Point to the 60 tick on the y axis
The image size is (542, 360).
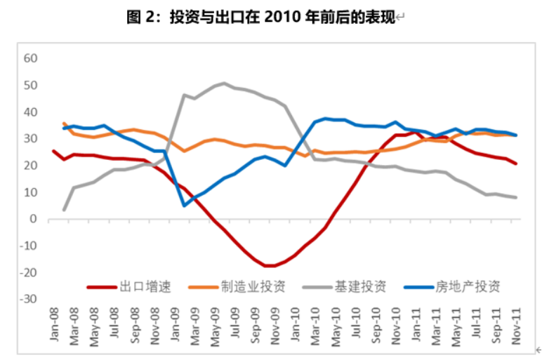(29, 58)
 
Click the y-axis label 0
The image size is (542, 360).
(33, 219)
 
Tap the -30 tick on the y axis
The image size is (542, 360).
(27, 299)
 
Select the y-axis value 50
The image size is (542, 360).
(29, 85)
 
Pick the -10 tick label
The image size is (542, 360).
(27, 246)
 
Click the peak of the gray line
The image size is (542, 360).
(224, 84)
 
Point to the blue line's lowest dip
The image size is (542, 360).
(184, 206)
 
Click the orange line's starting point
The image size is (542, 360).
(65, 124)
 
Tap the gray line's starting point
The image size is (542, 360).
(64, 209)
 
